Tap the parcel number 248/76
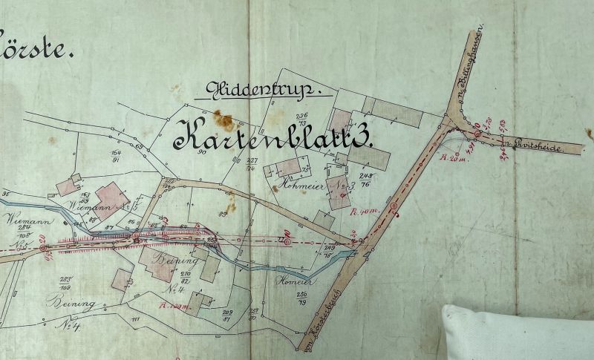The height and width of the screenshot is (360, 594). point(366,180)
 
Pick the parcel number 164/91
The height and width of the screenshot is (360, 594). point(116,155)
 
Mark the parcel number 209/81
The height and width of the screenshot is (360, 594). point(228,315)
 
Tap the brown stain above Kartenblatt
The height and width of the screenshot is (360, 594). point(221,119)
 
